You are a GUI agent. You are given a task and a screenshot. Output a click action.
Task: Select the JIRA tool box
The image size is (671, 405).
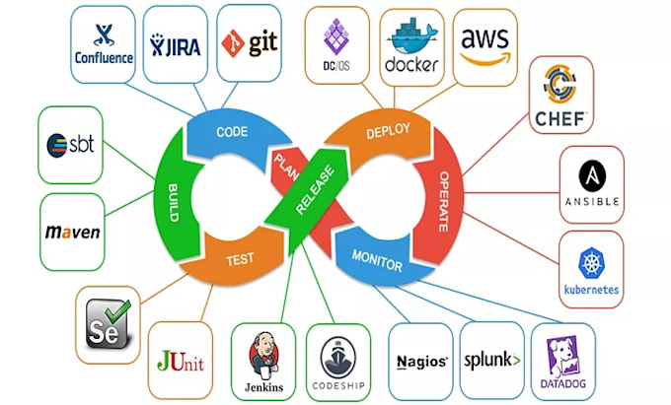pos(175,42)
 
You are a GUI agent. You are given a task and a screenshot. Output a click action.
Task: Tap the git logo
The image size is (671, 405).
pos(248,42)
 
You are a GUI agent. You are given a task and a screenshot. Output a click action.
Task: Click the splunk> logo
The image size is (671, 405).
pos(490,360)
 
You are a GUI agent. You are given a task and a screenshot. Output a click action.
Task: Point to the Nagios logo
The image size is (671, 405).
pos(420,360)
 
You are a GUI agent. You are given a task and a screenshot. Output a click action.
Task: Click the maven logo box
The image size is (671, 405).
pos(72,232)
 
